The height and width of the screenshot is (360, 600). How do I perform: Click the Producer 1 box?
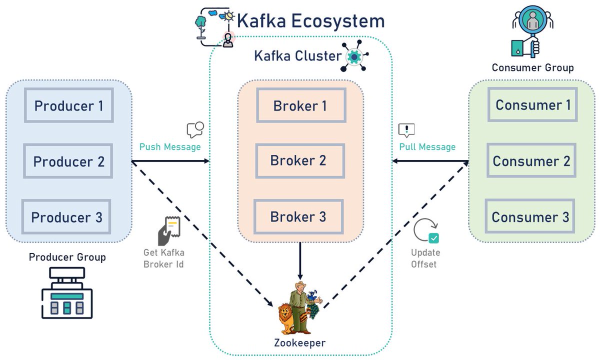[x=69, y=106]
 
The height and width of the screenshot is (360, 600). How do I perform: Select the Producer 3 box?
[x=66, y=217]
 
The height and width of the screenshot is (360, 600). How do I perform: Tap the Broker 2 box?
[x=299, y=161]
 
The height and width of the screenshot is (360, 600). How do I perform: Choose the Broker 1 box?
[x=301, y=106]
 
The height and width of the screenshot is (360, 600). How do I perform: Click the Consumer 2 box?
[x=531, y=161]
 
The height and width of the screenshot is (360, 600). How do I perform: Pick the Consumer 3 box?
[x=530, y=217]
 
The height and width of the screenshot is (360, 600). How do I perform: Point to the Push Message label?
[x=170, y=147]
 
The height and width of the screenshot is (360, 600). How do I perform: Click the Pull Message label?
[x=427, y=147]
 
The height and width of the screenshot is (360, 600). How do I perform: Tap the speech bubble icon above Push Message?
[x=195, y=129]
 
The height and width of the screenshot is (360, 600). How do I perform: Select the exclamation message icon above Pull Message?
[x=406, y=130]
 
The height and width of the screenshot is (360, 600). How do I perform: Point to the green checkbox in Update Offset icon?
[x=433, y=238]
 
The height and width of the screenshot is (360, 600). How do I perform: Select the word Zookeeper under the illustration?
[x=300, y=343]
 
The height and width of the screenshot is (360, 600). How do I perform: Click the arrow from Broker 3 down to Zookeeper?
[x=300, y=260]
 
